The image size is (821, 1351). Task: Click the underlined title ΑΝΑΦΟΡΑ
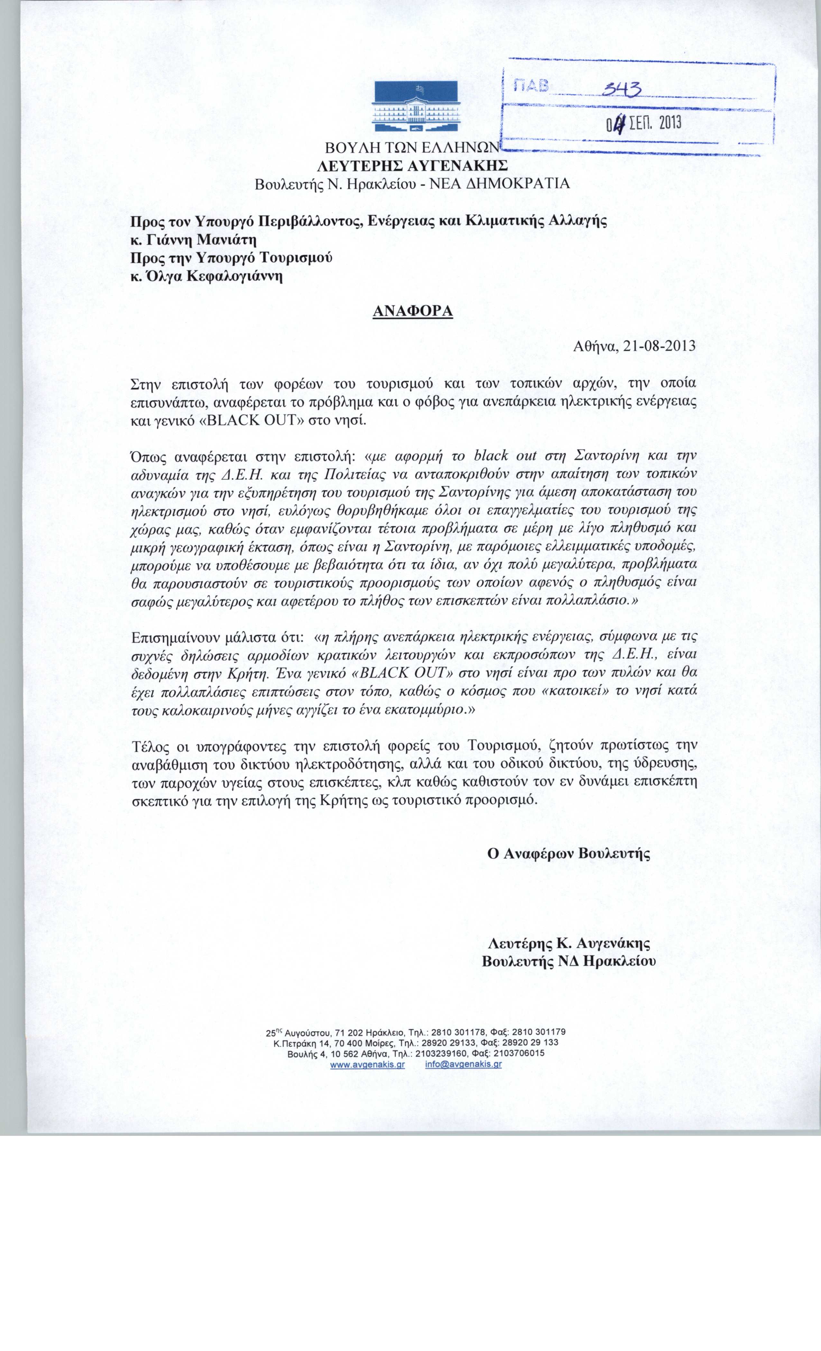point(412,311)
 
